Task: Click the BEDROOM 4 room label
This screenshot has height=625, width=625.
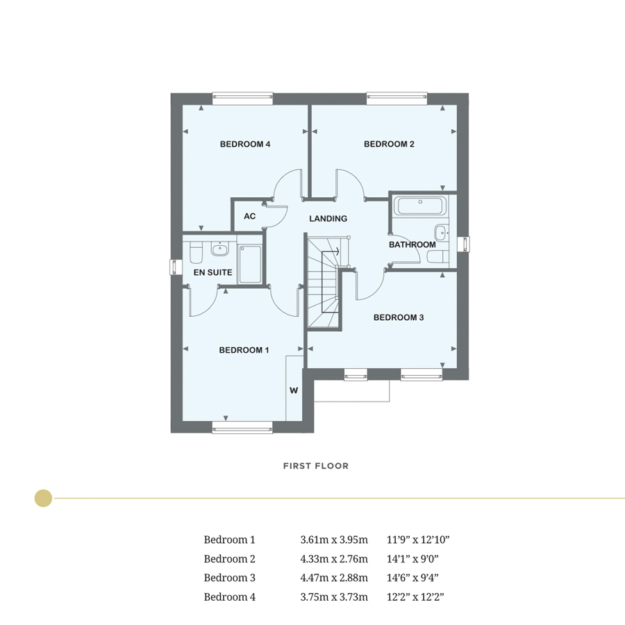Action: (244, 144)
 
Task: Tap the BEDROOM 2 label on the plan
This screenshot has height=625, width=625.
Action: (389, 144)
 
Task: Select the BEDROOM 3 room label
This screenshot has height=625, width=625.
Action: (399, 317)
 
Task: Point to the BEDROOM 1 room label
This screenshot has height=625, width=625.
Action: (244, 350)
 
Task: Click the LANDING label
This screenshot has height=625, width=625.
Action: (328, 219)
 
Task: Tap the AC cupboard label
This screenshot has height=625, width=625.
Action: (250, 217)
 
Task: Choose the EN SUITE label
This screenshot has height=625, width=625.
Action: (212, 273)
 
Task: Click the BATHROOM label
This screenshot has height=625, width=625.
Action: (412, 244)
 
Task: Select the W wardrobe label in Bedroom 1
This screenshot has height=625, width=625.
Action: (294, 391)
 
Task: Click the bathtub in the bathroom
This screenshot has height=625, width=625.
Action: (421, 206)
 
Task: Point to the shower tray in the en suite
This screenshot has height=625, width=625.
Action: (250, 264)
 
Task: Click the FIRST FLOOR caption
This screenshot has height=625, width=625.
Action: (315, 466)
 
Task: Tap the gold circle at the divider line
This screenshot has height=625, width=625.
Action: (43, 498)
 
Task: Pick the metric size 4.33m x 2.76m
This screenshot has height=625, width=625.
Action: (333, 558)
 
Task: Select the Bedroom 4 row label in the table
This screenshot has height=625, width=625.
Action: (229, 597)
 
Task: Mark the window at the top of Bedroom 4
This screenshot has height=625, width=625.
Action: (242, 98)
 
